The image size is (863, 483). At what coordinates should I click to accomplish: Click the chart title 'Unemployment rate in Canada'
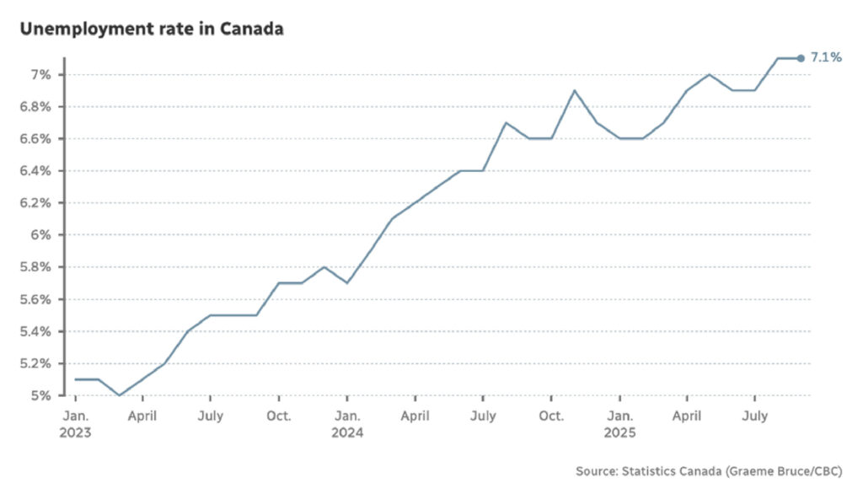click(152, 29)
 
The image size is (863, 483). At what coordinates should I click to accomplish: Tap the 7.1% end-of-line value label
click(825, 58)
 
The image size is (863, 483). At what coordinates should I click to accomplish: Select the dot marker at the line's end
click(800, 58)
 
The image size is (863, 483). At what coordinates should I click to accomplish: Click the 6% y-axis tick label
click(43, 235)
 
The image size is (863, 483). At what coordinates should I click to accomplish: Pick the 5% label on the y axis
click(43, 395)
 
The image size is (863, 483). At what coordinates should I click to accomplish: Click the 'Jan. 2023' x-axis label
click(75, 424)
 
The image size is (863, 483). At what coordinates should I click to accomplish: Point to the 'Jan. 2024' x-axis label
click(346, 424)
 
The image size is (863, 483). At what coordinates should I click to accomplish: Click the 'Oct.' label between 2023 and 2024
click(279, 416)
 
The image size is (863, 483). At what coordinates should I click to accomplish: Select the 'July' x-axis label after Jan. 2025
click(754, 416)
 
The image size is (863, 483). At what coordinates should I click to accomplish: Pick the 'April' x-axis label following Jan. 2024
click(415, 416)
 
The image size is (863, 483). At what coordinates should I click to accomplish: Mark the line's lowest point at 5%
click(120, 395)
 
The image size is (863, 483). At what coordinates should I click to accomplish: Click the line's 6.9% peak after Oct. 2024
click(574, 91)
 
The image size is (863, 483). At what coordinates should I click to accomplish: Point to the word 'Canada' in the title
click(252, 29)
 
